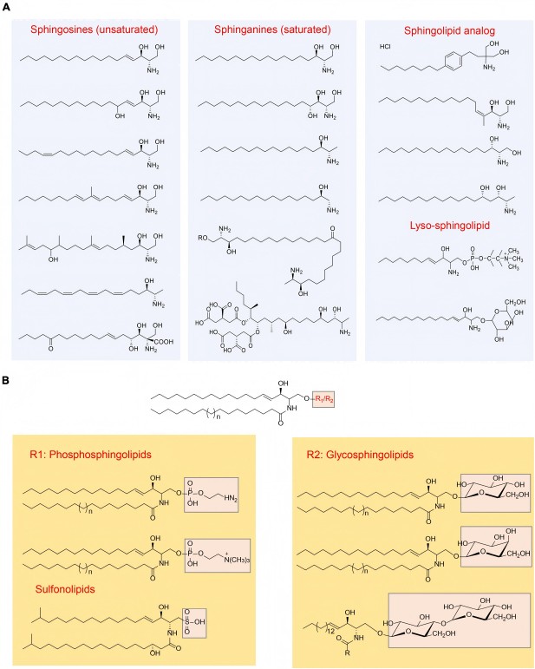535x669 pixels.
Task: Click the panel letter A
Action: click(6, 6)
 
